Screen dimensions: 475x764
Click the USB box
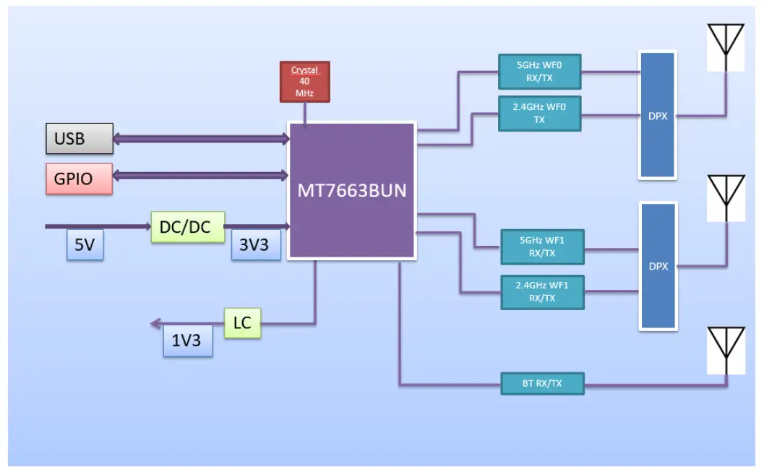[x=80, y=138]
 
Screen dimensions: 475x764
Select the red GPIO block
[x=80, y=179]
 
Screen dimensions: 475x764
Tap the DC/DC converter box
[x=188, y=227]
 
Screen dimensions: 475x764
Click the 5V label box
[x=85, y=245]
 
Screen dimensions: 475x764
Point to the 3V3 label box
[x=256, y=245]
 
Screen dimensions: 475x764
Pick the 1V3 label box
[x=188, y=341]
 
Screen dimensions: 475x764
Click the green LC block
[x=242, y=322]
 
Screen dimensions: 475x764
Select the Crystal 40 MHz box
[x=304, y=81]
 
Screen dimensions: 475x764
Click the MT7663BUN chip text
[x=352, y=191]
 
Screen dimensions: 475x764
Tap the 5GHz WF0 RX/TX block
[x=539, y=72]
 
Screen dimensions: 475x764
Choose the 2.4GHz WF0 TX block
[x=539, y=114]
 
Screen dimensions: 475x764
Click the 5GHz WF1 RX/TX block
[x=542, y=247]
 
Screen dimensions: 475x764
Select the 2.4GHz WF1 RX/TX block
[x=542, y=291]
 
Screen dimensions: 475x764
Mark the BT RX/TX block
[x=542, y=383]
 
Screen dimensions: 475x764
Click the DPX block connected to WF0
[x=658, y=116]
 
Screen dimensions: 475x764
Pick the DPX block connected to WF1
[x=658, y=266]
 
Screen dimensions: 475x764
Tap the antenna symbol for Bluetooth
[x=726, y=351]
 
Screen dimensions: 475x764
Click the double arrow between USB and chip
[x=200, y=138]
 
